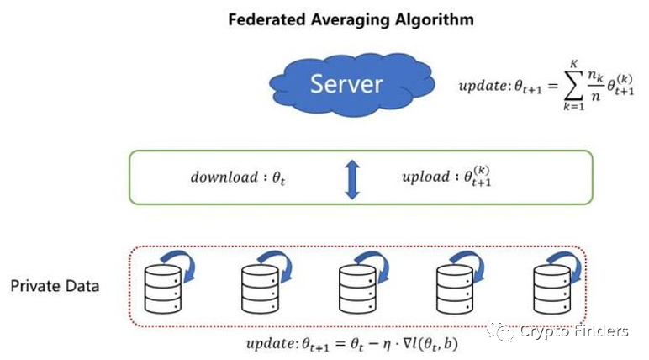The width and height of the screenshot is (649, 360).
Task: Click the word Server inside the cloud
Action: click(x=346, y=83)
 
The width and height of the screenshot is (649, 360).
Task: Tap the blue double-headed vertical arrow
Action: click(x=352, y=177)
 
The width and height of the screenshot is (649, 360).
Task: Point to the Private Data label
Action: click(x=55, y=286)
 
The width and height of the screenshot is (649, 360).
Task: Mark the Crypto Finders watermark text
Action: click(x=573, y=331)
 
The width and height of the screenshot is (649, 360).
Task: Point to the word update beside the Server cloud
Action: click(x=482, y=87)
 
